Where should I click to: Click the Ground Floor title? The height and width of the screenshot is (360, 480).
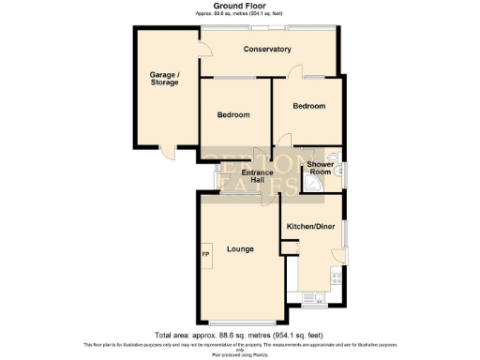240,6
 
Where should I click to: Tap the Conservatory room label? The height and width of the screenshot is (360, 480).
266,49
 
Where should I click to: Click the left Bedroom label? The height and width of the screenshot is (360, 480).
233,114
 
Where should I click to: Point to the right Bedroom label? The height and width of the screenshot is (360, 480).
308,106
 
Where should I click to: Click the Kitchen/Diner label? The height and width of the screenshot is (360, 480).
311,227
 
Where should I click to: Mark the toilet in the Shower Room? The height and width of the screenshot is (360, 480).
338,169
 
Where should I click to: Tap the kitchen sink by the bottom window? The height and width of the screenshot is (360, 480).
312,299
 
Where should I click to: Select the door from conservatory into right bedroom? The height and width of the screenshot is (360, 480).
296,71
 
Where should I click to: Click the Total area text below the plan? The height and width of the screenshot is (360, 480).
240,335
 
